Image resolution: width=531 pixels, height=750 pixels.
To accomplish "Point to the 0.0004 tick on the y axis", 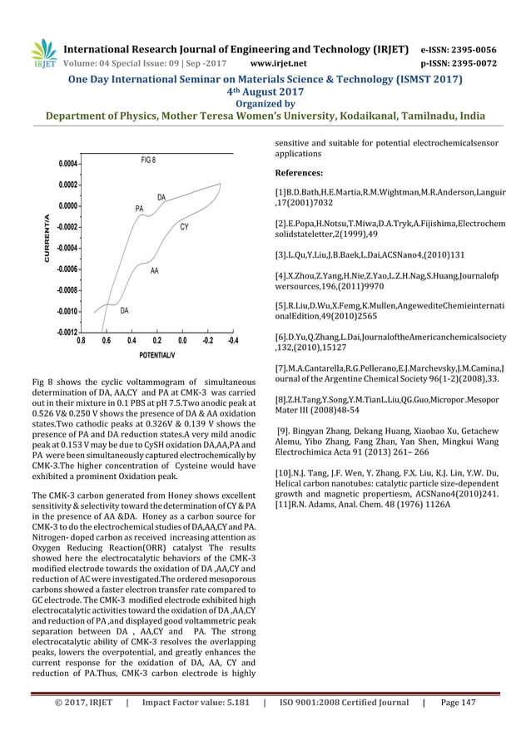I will [66, 164].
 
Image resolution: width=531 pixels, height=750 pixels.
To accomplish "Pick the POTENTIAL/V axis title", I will [156, 355].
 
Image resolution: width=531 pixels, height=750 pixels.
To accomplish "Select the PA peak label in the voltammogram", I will [139, 208].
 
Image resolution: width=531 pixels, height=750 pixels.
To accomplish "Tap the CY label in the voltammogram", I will [184, 226].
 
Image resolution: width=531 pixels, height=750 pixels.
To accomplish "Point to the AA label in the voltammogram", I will [154, 271].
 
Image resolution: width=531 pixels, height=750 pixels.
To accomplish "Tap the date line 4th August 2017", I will [265, 92].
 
